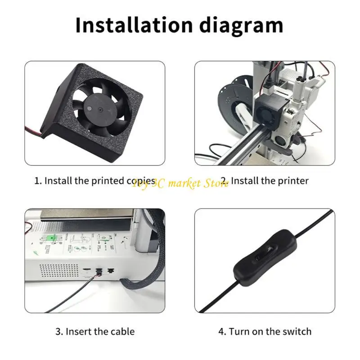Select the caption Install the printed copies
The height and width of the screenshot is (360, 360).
(x=95, y=181)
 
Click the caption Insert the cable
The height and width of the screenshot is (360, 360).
(x=95, y=332)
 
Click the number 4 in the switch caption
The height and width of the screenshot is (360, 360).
(x=221, y=332)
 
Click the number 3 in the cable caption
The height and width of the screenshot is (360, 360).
(x=58, y=332)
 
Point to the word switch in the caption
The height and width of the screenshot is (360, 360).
(x=296, y=332)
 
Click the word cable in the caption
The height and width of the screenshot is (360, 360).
(x=122, y=332)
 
